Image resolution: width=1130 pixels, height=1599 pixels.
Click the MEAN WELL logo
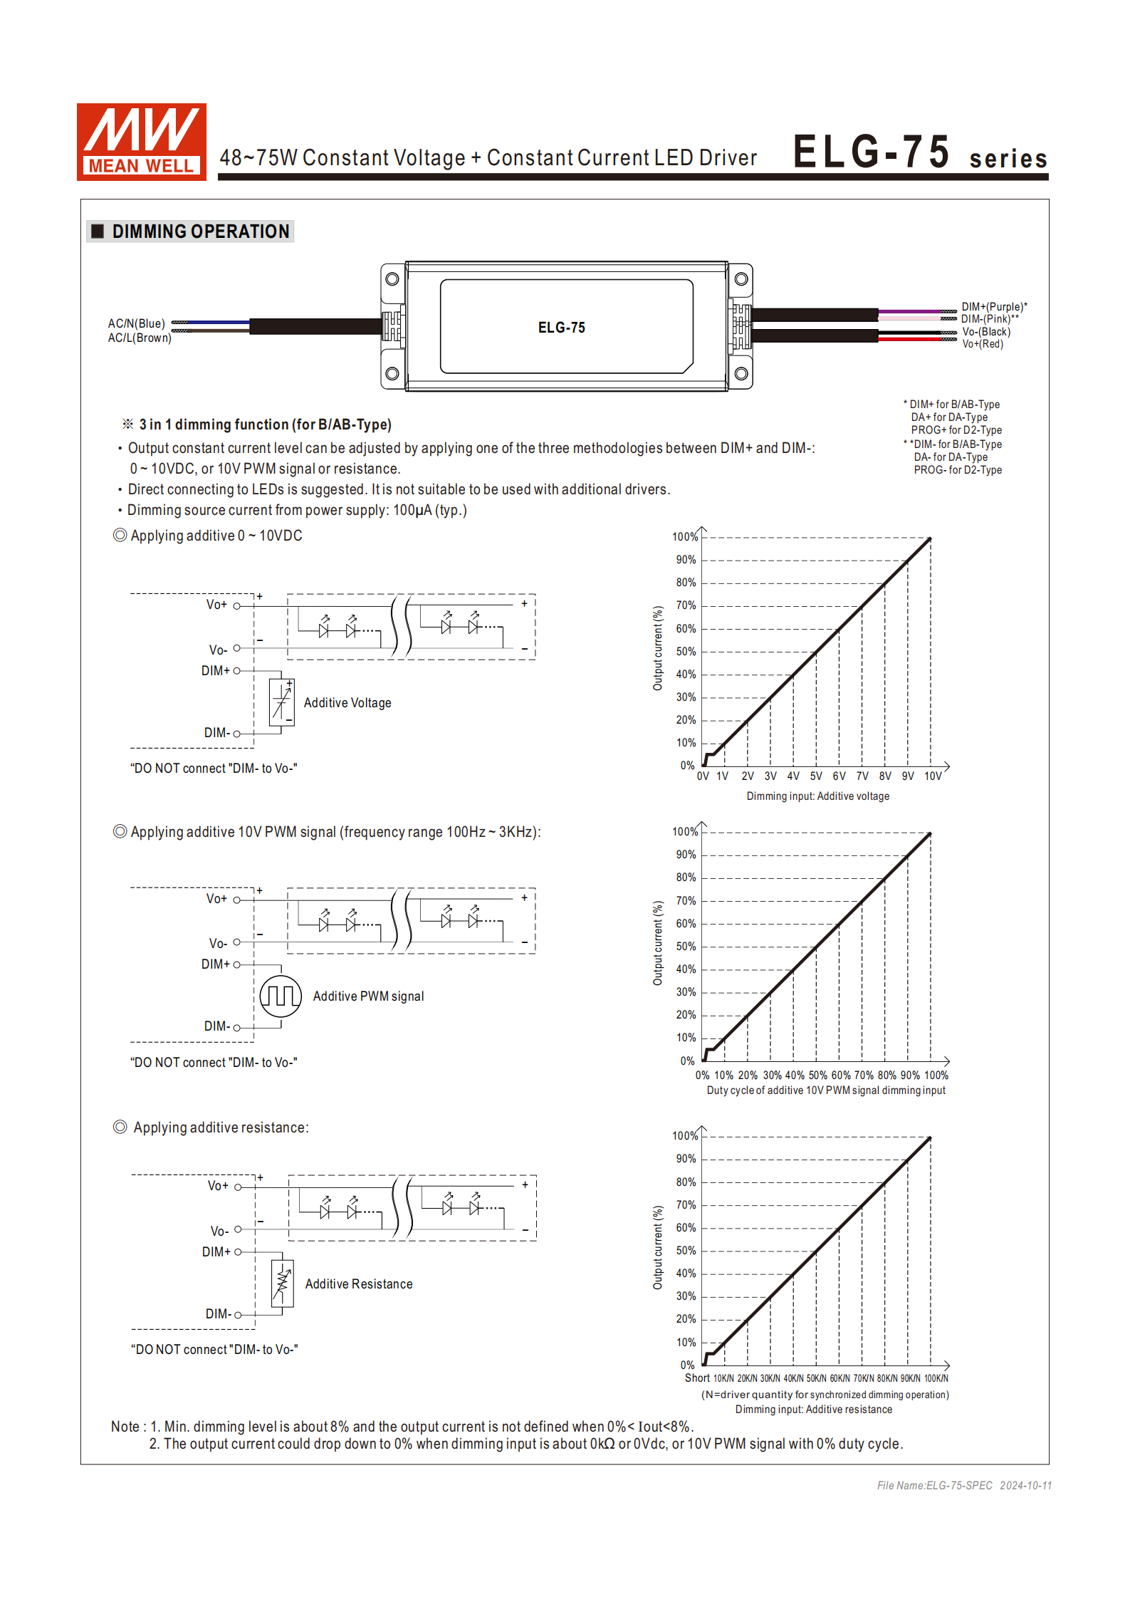coord(141,142)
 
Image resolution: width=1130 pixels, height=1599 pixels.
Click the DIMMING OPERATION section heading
coord(200,231)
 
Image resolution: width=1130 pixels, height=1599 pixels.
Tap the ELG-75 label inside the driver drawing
coord(561,328)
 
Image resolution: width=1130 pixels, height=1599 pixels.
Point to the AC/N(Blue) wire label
coord(136,323)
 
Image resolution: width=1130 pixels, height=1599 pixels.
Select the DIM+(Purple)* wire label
coord(993,307)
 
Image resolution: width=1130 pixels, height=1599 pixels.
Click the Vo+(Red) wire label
coord(983,344)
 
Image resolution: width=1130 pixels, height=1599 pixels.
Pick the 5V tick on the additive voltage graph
coord(816,776)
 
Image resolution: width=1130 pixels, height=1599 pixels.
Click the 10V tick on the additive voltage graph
coord(933,776)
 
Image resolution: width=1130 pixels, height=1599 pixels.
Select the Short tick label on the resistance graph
coord(697,1378)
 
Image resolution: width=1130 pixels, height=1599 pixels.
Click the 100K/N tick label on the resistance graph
coord(936,1379)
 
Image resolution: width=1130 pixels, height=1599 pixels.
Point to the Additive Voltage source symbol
coord(282,702)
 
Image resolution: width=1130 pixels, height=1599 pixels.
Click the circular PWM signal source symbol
coord(281,996)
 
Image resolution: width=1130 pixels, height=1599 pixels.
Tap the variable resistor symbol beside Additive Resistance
coord(283,1283)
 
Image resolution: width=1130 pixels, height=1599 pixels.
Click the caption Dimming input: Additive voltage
coord(817,796)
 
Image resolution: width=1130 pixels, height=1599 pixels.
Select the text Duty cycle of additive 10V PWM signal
coord(826,1090)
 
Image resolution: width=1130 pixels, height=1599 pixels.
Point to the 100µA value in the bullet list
coord(412,510)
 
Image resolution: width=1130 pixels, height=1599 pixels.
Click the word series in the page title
coord(1008,159)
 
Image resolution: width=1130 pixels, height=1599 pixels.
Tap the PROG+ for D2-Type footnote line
coord(956,430)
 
